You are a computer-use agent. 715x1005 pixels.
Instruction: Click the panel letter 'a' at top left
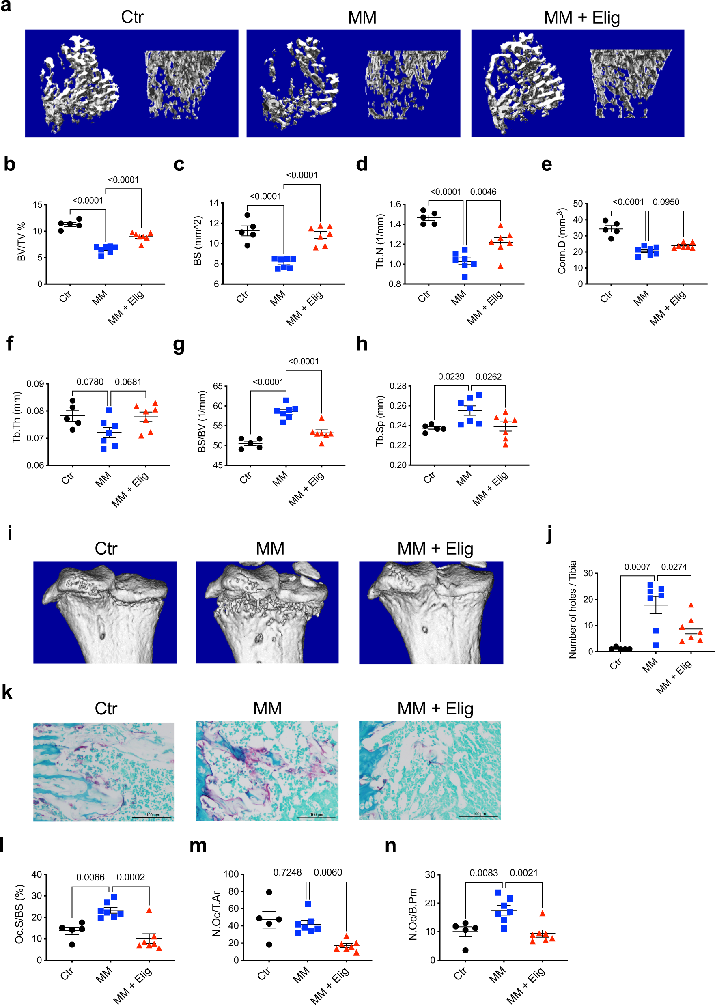coord(6,6)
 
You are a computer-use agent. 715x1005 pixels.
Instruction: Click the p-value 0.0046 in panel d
coord(483,192)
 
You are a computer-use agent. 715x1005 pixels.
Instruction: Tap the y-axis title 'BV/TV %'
coord(21,242)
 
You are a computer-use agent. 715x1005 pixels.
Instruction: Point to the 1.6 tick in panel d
coord(395,204)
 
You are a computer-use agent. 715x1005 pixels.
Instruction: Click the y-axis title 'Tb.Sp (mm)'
coord(380,421)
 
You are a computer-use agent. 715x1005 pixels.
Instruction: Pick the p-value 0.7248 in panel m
coord(287,872)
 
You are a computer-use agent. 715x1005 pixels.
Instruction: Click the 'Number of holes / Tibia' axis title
coord(572,610)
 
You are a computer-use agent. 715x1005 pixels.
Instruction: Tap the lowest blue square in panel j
coord(656,645)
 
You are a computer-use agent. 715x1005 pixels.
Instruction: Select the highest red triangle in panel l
coord(149,910)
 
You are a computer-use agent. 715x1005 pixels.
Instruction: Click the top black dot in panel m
coord(269,892)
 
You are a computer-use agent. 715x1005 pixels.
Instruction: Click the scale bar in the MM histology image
coord(316,817)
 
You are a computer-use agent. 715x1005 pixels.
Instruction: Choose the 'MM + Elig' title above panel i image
coord(435,549)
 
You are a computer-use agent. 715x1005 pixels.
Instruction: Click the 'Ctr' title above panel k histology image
coord(106,708)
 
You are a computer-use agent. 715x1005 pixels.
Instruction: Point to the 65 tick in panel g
coord(218,386)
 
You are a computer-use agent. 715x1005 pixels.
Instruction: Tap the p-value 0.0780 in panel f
coord(90,382)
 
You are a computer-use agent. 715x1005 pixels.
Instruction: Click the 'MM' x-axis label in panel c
coord(278,299)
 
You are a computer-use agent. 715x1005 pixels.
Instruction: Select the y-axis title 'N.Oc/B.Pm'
coord(413,914)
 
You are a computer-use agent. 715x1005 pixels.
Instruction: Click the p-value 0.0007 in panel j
coord(637,566)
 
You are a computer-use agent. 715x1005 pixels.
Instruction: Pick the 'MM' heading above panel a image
coord(362,17)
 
